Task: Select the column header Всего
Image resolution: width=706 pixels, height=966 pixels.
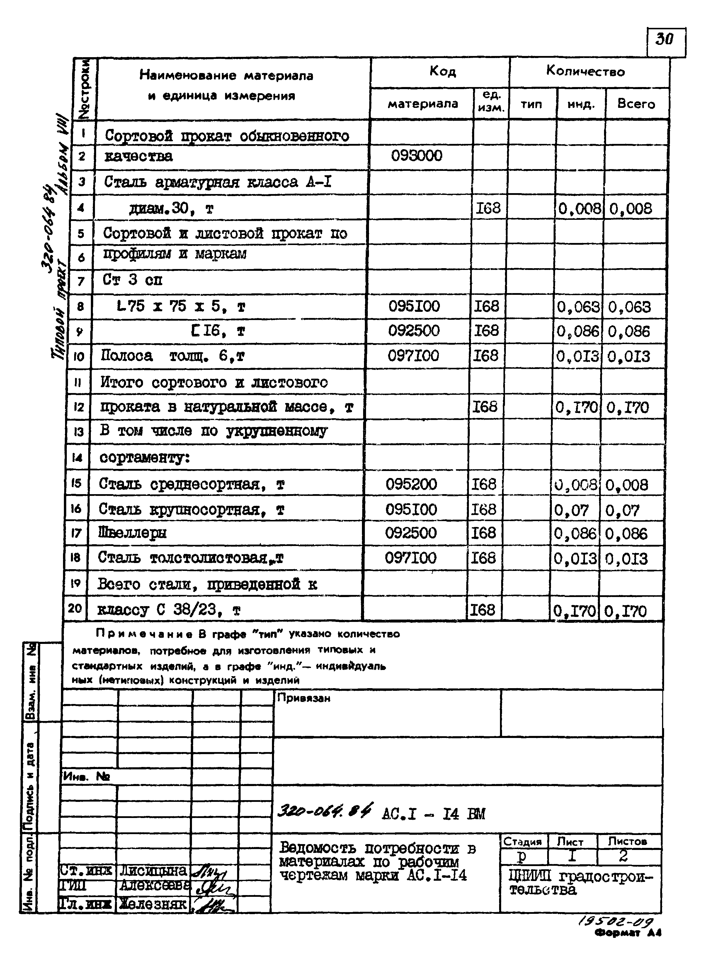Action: (x=636, y=104)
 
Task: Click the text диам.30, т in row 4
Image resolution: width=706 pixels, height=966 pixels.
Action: (x=171, y=209)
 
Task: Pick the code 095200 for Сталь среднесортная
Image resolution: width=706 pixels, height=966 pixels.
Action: (x=411, y=484)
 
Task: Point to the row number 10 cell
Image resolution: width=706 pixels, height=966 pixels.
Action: (x=79, y=356)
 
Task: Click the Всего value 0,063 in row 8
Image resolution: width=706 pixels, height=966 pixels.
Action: (x=630, y=307)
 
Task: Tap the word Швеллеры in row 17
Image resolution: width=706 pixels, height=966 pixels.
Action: (x=132, y=533)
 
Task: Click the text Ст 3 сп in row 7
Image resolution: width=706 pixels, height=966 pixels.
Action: (x=132, y=280)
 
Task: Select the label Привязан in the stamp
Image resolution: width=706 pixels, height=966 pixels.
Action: (x=303, y=698)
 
